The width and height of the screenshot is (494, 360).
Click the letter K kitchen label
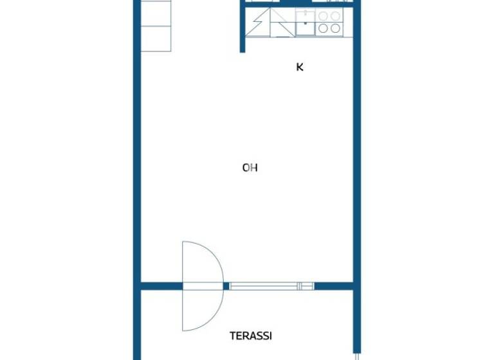(x=300, y=67)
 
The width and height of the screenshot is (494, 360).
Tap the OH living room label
(x=250, y=168)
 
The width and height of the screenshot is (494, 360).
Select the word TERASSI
(x=251, y=336)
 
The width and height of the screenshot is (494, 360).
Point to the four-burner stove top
(x=329, y=22)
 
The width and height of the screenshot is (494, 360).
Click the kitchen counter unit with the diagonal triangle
(x=282, y=22)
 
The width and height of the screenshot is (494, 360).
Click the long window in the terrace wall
(x=264, y=286)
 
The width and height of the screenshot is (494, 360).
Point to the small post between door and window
(x=226, y=286)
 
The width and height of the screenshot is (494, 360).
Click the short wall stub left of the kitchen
(x=243, y=29)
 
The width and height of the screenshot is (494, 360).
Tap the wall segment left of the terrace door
(x=161, y=286)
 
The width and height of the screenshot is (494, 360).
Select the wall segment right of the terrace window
(x=333, y=286)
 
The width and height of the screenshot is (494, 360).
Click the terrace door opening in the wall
(x=203, y=286)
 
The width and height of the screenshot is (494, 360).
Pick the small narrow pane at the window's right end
(x=306, y=286)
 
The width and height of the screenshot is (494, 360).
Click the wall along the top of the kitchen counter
(x=296, y=3)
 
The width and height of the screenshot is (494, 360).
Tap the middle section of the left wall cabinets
(x=156, y=26)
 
